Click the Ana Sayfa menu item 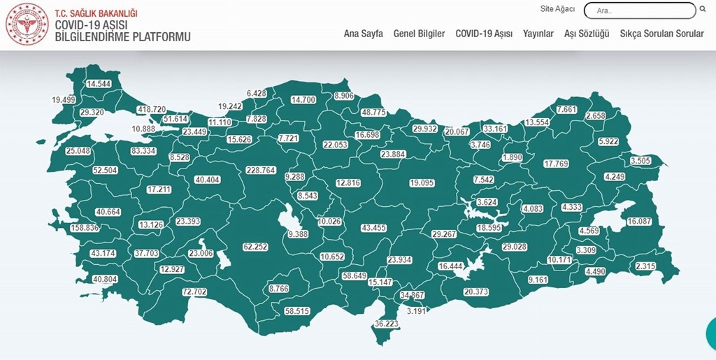pyautogui.click(x=363, y=34)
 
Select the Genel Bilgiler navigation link pyautogui.click(x=419, y=34)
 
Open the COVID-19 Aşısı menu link pyautogui.click(x=484, y=34)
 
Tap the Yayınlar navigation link pyautogui.click(x=538, y=34)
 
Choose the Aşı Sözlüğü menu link pyautogui.click(x=587, y=34)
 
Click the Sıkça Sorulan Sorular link pyautogui.click(x=661, y=34)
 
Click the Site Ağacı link pyautogui.click(x=557, y=9)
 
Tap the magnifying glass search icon pyautogui.click(x=702, y=10)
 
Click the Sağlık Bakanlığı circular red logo pyautogui.click(x=27, y=25)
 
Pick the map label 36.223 pyautogui.click(x=386, y=324)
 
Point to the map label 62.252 pyautogui.click(x=256, y=247)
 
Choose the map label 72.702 pyautogui.click(x=194, y=291)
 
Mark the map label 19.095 pyautogui.click(x=422, y=183)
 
